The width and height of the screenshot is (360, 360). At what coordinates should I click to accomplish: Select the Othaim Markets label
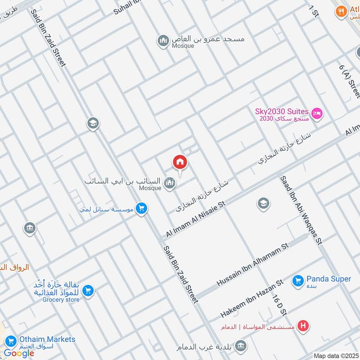(x=47, y=339)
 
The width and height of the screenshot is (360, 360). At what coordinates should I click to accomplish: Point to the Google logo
(x=19, y=353)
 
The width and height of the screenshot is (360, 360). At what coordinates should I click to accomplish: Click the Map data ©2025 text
(x=336, y=355)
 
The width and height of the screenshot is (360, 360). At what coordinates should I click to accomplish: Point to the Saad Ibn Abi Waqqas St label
(x=302, y=210)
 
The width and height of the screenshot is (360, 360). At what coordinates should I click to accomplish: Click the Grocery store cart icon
(x=88, y=290)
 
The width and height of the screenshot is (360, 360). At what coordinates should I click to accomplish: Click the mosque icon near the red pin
(x=169, y=182)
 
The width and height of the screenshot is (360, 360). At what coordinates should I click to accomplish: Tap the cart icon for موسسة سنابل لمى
(x=141, y=208)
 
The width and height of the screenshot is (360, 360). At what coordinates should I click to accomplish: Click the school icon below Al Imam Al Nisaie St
(x=264, y=204)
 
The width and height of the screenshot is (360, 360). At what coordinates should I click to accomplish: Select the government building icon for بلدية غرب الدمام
(x=241, y=346)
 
